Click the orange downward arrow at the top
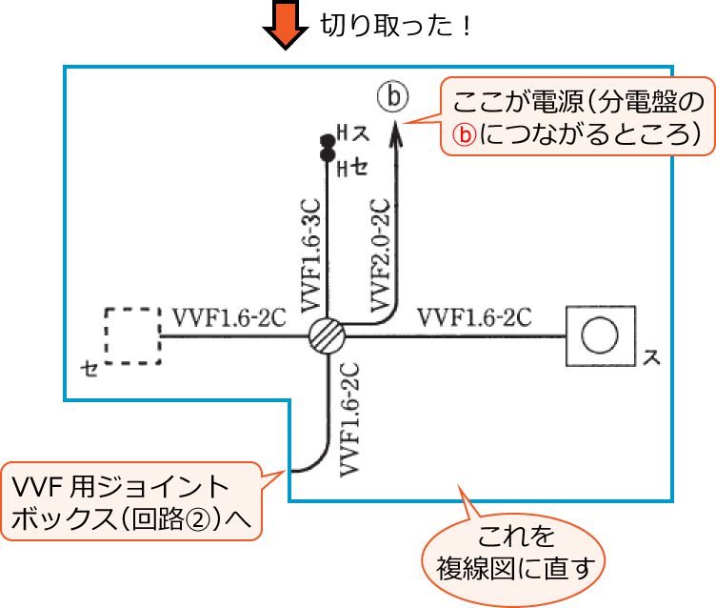pos(285,24)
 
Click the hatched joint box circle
pos(328,336)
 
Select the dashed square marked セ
pos(132,335)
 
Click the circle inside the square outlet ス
pos(600,336)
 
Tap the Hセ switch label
pos(351,169)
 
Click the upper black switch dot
pos(327,139)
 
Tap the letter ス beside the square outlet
pos(652,358)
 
